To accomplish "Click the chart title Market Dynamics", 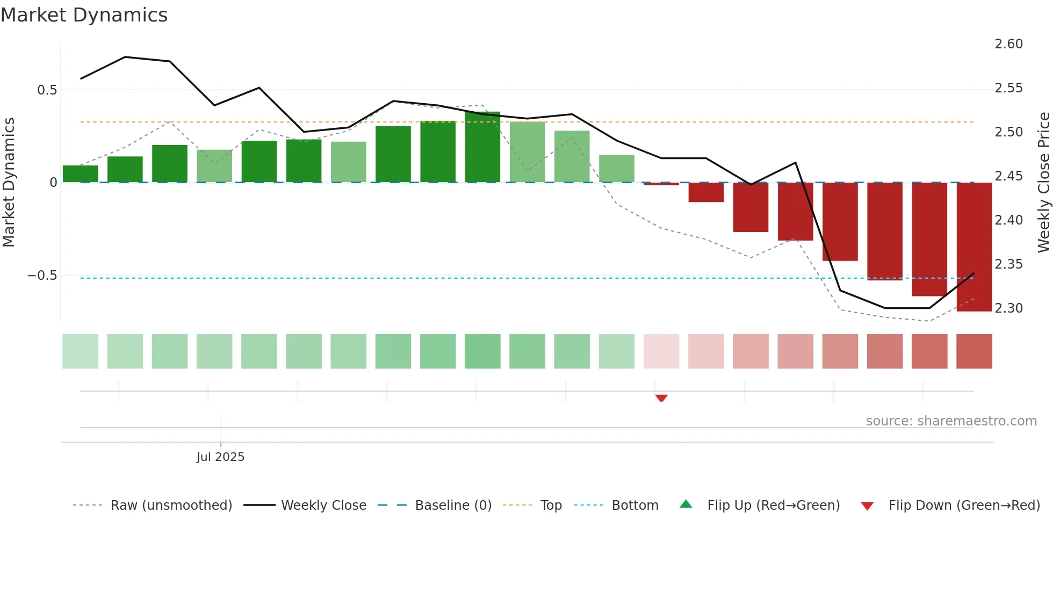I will (x=84, y=15).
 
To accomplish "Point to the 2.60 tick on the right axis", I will (x=1008, y=44).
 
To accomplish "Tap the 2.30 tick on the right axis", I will (x=1008, y=308).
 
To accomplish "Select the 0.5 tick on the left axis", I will (x=47, y=90).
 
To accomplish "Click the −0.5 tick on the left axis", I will (x=42, y=276).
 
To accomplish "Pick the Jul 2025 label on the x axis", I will (x=220, y=457).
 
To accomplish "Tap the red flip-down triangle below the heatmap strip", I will (x=661, y=398).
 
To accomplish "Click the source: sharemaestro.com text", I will (x=951, y=421).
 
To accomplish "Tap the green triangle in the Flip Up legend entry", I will (x=686, y=504).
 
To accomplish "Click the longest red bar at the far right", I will (x=974, y=247).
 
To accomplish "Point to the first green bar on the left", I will (x=81, y=174).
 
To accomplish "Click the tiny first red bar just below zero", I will (x=661, y=184).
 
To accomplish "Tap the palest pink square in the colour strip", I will (x=661, y=351).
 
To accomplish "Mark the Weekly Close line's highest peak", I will (x=125, y=57).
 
